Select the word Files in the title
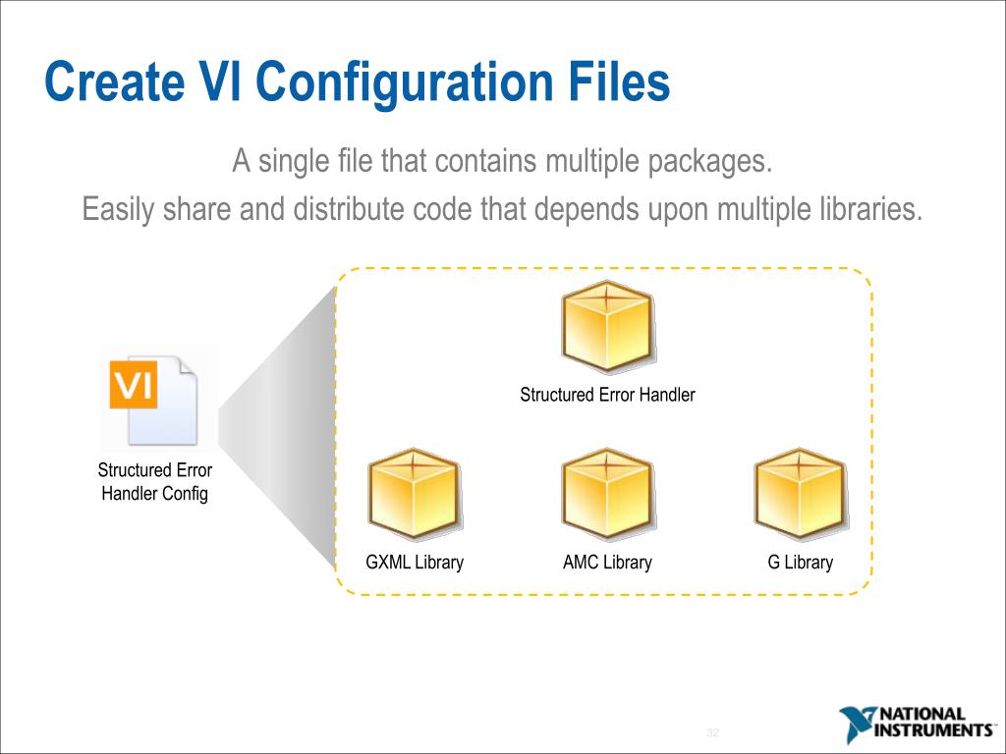618,82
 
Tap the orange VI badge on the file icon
133,386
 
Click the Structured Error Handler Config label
155,482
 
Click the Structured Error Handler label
607,395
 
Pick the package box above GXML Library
414,493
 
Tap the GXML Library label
415,563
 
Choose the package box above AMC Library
607,493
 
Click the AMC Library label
607,563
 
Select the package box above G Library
800,493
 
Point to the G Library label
800,563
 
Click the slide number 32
713,734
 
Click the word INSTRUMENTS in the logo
933,730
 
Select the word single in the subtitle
294,160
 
